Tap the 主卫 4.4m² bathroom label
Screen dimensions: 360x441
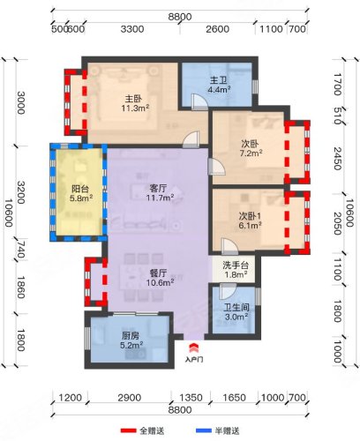coord(219,85)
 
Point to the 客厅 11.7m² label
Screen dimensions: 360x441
coord(160,192)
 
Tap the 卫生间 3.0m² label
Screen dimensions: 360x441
coord(236,312)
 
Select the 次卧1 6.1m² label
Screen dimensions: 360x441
coord(250,220)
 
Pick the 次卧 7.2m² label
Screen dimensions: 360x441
coord(251,148)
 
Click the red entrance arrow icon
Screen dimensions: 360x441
coord(194,348)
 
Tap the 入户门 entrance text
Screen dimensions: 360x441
coord(194,359)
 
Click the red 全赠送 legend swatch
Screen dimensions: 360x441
coord(129,431)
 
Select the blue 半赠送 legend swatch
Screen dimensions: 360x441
coord(204,431)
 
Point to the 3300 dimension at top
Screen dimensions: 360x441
coord(132,29)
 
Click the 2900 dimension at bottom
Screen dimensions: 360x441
coord(129,398)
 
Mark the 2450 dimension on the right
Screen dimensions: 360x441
coord(338,159)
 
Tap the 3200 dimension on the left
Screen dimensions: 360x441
coord(20,192)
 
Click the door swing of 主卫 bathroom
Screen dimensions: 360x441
coord(199,101)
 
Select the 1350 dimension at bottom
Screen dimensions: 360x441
coord(191,398)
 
